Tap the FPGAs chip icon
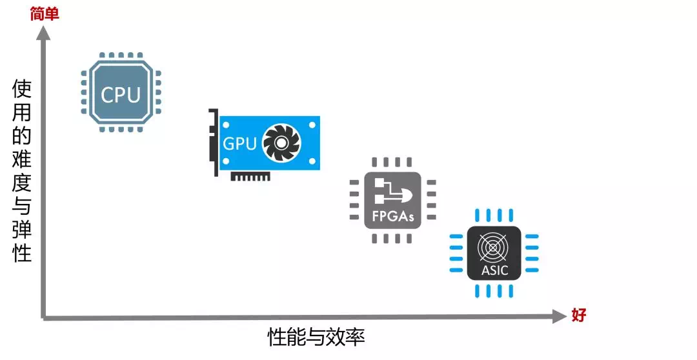392,200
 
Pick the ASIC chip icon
494,254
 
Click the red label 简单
44,14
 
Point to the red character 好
579,315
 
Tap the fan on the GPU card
282,142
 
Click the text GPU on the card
239,143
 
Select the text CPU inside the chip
121,95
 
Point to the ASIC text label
494,270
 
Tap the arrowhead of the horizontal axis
559,316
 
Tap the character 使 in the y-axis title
22,88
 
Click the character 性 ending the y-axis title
22,252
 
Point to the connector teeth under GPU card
250,176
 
